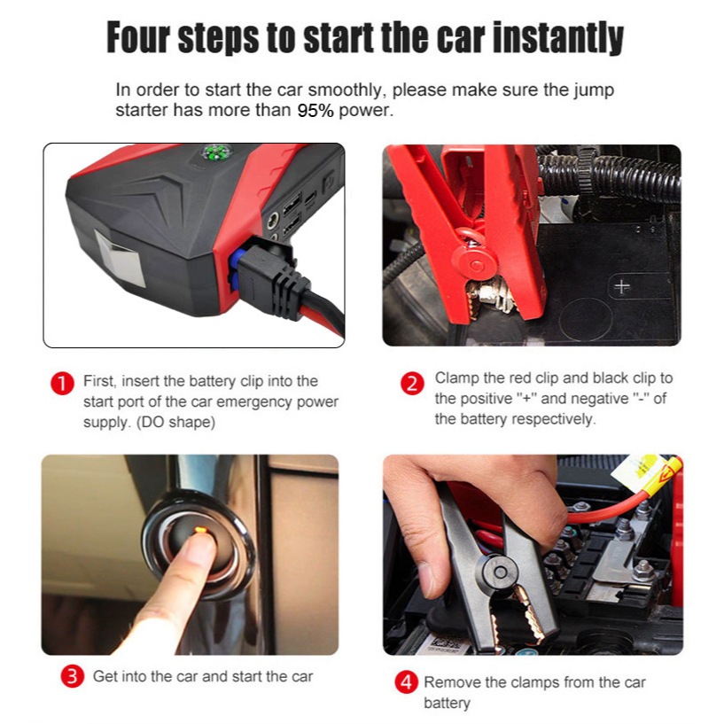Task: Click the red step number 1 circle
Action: pyautogui.click(x=62, y=385)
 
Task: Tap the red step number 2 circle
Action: pyautogui.click(x=412, y=384)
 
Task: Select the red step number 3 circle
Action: pyautogui.click(x=73, y=676)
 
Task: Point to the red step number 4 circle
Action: pyautogui.click(x=407, y=682)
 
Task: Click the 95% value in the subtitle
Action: pyautogui.click(x=315, y=111)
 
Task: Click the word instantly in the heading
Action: pyautogui.click(x=557, y=38)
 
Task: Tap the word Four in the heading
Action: pyautogui.click(x=138, y=38)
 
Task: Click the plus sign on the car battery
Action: pyautogui.click(x=622, y=287)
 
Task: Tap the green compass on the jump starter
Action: pyautogui.click(x=216, y=152)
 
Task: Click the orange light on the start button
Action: pyautogui.click(x=200, y=530)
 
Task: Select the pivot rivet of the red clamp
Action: pyautogui.click(x=476, y=265)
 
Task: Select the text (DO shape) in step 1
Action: pyautogui.click(x=175, y=423)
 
